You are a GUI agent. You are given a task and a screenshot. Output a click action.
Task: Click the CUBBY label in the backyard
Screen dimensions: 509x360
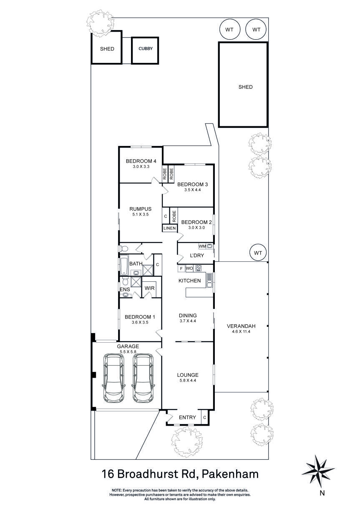click(x=146, y=49)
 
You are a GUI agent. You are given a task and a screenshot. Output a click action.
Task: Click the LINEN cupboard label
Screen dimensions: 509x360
click(x=170, y=228)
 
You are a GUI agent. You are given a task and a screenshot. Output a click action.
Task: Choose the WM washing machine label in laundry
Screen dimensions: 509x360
click(x=202, y=246)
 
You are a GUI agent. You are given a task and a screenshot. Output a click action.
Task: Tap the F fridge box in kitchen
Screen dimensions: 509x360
click(x=181, y=268)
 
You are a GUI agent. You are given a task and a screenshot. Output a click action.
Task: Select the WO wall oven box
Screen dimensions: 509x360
click(x=189, y=268)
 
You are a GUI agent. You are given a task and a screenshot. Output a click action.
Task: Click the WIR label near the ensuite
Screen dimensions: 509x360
click(x=150, y=288)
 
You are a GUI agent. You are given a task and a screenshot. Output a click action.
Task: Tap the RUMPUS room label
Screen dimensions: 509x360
click(x=140, y=209)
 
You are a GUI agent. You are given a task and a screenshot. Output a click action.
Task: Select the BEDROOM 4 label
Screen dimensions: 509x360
click(x=141, y=161)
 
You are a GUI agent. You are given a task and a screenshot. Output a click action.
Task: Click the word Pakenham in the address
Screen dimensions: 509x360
click(x=230, y=474)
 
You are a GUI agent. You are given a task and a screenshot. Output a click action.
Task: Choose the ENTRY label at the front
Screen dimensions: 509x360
click(x=187, y=417)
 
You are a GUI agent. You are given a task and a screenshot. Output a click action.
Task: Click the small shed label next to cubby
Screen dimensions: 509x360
click(x=107, y=49)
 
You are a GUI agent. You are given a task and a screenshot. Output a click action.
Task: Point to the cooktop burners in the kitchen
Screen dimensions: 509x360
click(x=199, y=268)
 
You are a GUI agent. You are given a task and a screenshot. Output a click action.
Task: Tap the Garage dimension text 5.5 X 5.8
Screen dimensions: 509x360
click(x=128, y=352)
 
